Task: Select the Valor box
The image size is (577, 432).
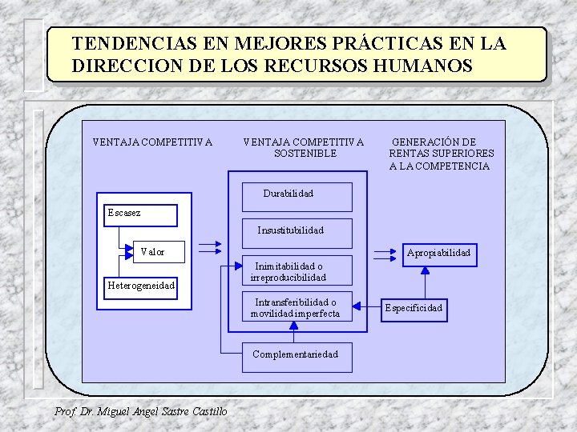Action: pos(152,252)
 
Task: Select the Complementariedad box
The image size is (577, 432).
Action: pos(297,354)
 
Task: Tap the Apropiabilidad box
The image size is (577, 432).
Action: pos(438,254)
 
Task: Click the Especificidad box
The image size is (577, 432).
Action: pos(414,308)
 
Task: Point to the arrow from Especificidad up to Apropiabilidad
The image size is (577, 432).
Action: pos(425,282)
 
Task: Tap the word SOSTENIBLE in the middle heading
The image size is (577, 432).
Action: pos(305,154)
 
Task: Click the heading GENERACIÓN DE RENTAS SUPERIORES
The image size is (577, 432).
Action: pos(441,148)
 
